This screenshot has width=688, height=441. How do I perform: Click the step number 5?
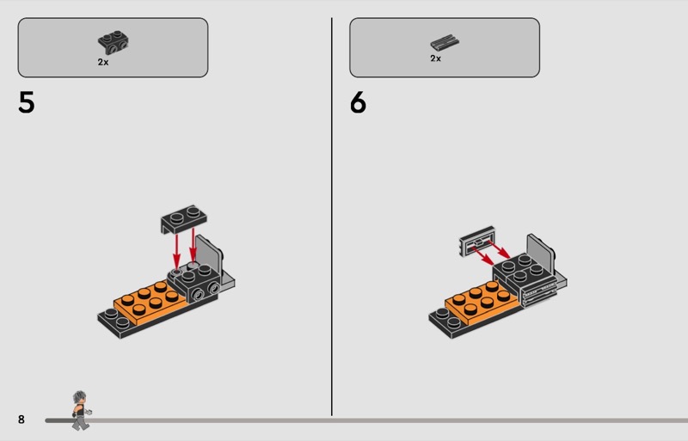(x=27, y=102)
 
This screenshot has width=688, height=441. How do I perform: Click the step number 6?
(x=358, y=102)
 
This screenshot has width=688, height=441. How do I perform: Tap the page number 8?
(x=21, y=420)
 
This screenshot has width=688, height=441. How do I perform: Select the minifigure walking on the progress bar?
(x=81, y=410)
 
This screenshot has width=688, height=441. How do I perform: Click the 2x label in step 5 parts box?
(x=103, y=62)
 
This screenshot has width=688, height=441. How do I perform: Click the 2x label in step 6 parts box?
(x=435, y=58)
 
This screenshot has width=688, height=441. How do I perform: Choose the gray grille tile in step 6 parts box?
(x=445, y=43)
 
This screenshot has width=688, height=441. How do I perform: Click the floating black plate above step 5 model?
(x=184, y=218)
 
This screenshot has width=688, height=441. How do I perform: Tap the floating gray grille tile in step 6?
(x=477, y=241)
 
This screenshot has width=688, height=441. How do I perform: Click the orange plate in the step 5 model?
(x=147, y=301)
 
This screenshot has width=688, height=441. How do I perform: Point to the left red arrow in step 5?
(x=176, y=250)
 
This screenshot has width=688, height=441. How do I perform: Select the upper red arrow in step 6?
(x=499, y=248)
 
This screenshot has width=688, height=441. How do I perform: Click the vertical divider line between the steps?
(x=332, y=217)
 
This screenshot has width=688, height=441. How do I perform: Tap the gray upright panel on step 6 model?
(x=541, y=254)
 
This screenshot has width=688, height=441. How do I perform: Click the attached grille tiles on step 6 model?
(x=539, y=294)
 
